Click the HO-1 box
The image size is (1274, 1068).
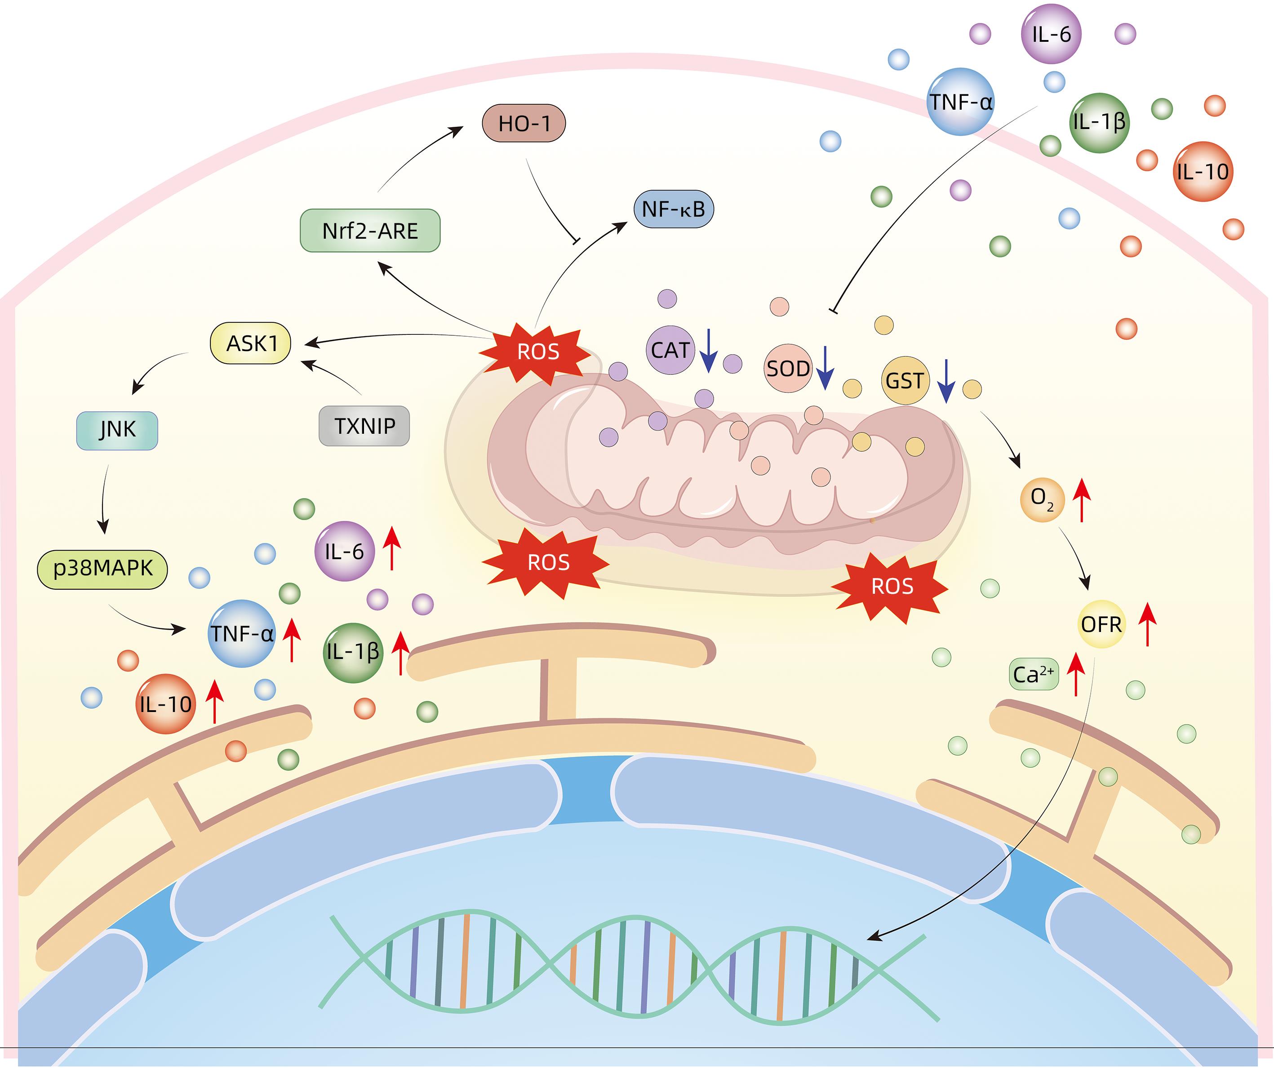tap(524, 123)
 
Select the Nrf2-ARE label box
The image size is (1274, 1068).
tap(370, 231)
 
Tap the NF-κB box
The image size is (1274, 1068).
tap(673, 209)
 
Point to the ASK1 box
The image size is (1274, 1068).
tap(251, 343)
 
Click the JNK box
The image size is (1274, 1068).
tap(117, 430)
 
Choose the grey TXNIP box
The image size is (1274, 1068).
tap(364, 426)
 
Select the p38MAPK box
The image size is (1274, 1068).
tap(102, 569)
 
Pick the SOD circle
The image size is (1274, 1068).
tap(787, 368)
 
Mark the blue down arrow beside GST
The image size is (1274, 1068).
tap(946, 382)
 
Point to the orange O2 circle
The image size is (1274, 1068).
tap(1042, 499)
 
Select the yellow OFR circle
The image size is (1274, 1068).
tap(1101, 624)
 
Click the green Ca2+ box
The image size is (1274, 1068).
tap(1034, 675)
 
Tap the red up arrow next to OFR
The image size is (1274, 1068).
tap(1147, 624)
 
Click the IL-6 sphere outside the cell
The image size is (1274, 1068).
tap(1052, 34)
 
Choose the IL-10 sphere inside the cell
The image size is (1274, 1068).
tap(165, 704)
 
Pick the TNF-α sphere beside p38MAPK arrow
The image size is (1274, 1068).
tap(241, 634)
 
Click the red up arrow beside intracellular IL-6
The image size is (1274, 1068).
tap(392, 548)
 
